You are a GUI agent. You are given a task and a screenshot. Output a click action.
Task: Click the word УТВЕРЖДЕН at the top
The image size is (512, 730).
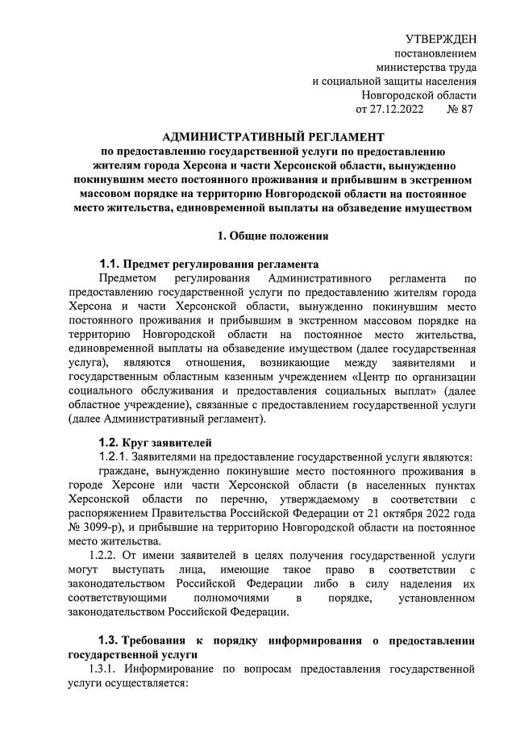point(439,38)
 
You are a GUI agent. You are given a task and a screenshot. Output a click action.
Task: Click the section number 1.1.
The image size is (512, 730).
point(109,264)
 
